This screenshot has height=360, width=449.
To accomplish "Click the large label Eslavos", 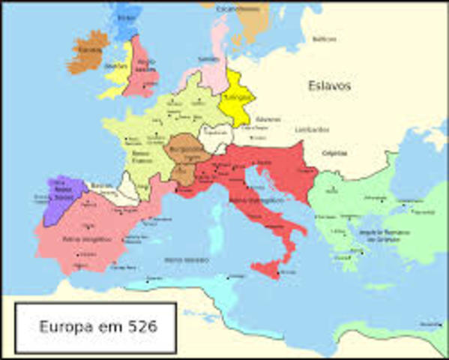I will click(329, 85).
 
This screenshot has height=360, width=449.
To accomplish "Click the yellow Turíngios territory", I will click(239, 99).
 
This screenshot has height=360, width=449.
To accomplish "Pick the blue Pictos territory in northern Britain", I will click(125, 16).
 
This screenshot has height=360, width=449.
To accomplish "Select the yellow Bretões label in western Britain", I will click(116, 65).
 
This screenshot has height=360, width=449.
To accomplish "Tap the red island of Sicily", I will click(271, 268).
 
